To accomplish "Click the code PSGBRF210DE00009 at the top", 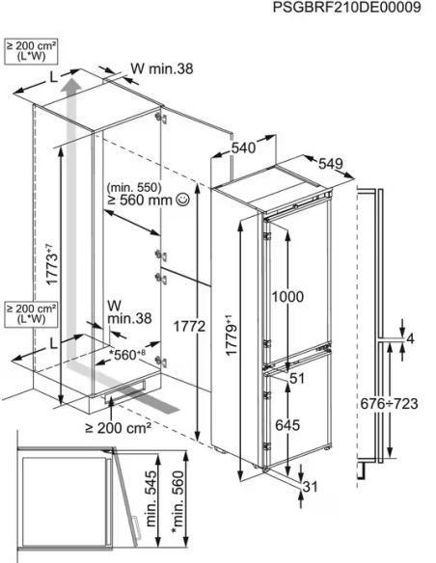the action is [346, 7].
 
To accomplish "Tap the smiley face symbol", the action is [183, 200].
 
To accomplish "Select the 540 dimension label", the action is [243, 147].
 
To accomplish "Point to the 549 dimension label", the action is [331, 164].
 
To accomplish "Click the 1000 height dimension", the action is [287, 297].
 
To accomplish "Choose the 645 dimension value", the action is [287, 425].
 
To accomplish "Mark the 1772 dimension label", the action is [189, 326].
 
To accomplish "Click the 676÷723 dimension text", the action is [389, 404].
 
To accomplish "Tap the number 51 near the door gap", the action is [297, 378].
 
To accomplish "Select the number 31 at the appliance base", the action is [311, 487].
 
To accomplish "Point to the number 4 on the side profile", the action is [410, 338].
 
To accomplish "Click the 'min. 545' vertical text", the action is [151, 498].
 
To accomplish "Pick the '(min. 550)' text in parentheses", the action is [134, 187].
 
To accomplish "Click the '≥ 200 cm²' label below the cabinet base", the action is [118, 427].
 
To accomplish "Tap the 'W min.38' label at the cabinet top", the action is [162, 68].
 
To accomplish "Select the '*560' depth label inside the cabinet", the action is [127, 355].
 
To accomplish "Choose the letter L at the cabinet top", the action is [53, 77].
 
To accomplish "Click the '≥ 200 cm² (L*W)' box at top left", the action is [31, 52].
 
